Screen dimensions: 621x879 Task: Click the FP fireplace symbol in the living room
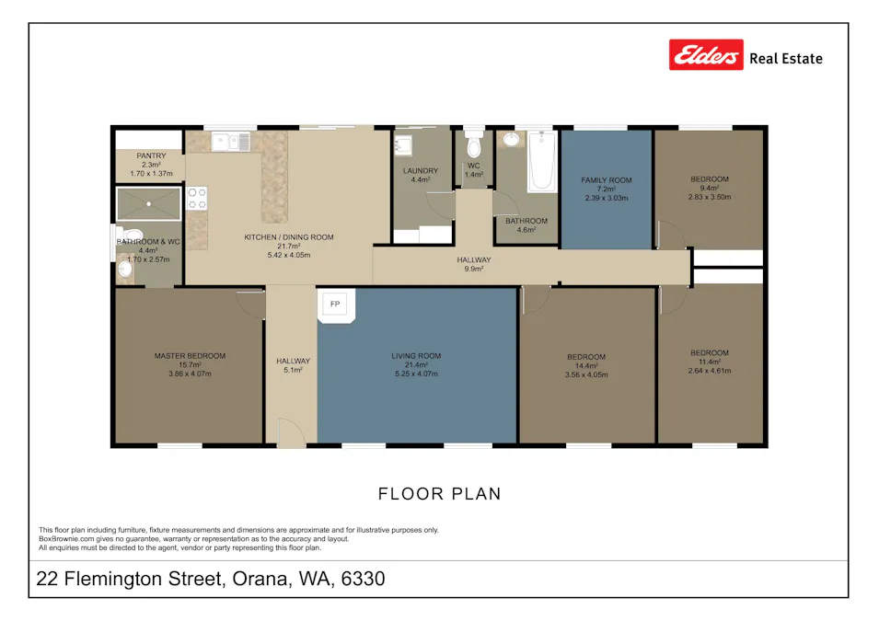coord(335,305)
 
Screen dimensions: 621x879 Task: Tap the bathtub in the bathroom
coord(542,161)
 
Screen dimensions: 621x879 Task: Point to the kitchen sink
coord(230,141)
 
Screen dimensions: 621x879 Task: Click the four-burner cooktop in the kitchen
coord(197,198)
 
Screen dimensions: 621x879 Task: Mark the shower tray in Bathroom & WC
coord(148,202)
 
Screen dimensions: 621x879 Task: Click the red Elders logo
coord(706,56)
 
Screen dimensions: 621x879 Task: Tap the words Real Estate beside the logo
coord(786,59)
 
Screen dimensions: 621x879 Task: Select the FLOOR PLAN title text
coord(440,494)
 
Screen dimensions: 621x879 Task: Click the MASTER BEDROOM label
coord(190,356)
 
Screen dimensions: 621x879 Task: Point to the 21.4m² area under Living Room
coord(416,365)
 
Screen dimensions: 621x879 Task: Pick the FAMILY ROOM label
coord(606,180)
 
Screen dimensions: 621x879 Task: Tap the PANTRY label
coord(151,156)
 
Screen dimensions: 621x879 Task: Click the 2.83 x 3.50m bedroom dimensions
coord(709,197)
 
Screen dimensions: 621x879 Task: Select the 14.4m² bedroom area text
coord(585,366)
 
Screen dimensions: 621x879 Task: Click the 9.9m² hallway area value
coord(474,270)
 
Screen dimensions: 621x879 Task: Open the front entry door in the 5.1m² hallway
coord(291,432)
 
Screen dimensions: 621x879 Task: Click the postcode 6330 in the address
coord(363,580)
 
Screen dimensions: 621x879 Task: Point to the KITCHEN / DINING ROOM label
coord(288,237)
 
